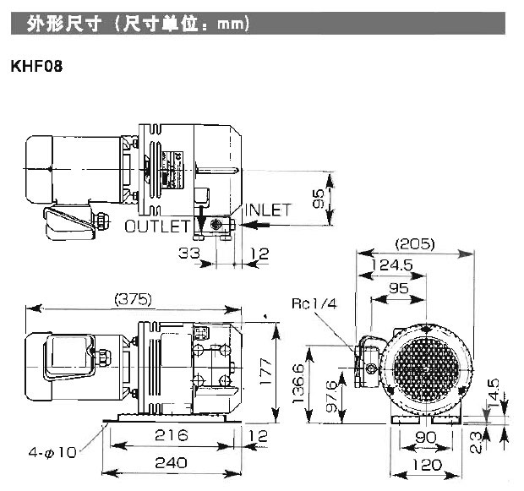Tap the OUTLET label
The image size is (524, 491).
157,226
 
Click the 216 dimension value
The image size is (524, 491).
172,436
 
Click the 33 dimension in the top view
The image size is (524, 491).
190,252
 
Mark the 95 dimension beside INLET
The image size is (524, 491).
318,199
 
